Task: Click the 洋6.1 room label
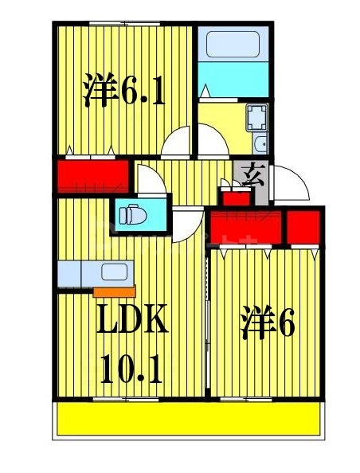123,92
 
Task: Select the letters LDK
131,322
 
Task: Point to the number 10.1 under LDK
131,368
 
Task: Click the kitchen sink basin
114,272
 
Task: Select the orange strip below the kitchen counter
114,290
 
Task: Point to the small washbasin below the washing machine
260,145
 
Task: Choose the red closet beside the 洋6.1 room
92,174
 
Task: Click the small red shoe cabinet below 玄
233,196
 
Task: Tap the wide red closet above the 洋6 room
245,226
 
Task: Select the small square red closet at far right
304,226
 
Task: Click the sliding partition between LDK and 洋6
206,322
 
